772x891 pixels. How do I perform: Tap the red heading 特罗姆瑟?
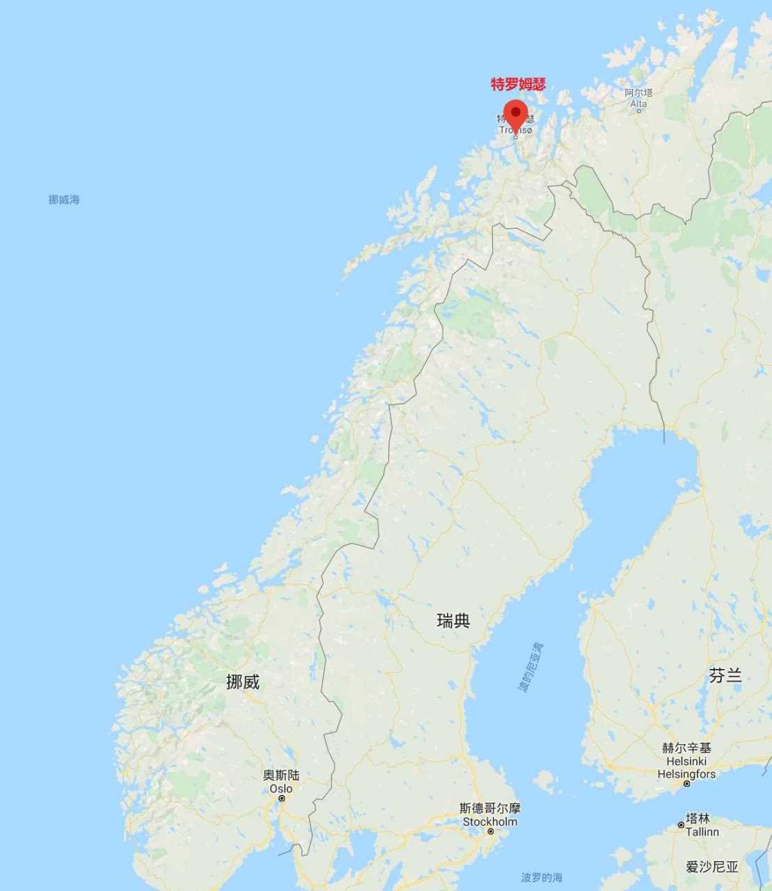(x=518, y=85)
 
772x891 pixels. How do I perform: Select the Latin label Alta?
(x=638, y=104)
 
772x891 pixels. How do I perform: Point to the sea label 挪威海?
(x=64, y=200)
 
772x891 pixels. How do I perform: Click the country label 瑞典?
(x=453, y=620)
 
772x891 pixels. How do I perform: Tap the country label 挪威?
(x=243, y=682)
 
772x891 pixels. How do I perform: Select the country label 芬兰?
(x=725, y=675)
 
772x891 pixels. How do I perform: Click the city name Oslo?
(x=281, y=789)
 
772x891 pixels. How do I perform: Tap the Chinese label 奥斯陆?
(x=281, y=775)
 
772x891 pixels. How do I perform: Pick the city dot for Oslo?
(x=282, y=798)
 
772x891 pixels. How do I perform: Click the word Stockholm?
(x=490, y=821)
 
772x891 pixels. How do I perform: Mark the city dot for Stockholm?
(x=491, y=832)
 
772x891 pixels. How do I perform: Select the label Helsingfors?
(x=686, y=773)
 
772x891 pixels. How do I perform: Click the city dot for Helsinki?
(x=686, y=784)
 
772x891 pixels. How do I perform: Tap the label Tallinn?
(x=702, y=832)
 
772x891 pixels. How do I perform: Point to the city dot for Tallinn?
(x=682, y=825)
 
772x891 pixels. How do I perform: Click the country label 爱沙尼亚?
(x=712, y=867)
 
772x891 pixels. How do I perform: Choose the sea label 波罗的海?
(x=542, y=877)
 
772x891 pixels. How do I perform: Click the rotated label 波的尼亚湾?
(x=530, y=668)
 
